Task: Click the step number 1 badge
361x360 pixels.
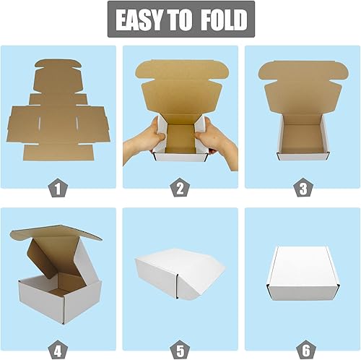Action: tap(58, 189)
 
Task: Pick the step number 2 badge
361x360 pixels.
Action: tap(180, 189)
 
